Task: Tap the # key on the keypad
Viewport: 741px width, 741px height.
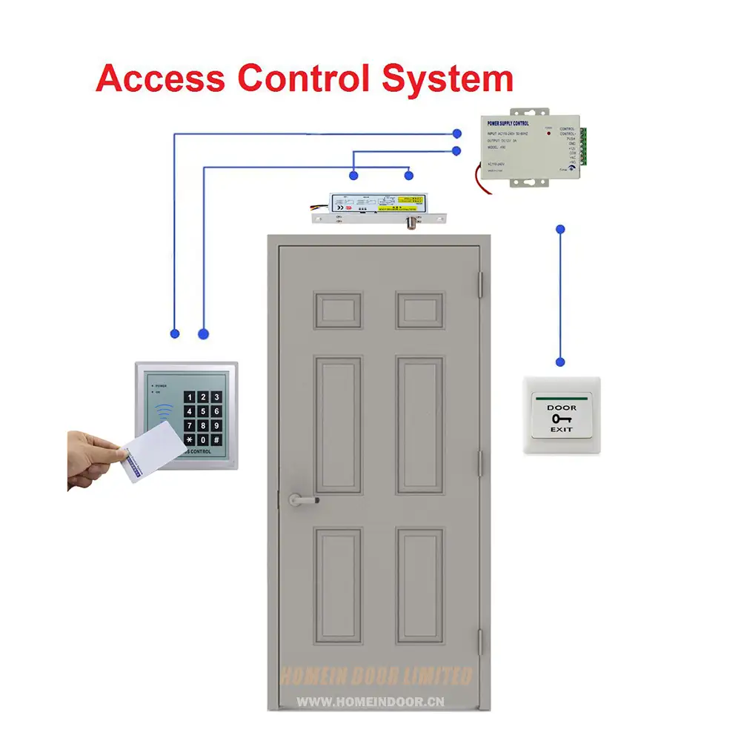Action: [216, 440]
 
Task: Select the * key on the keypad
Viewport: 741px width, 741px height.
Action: [189, 440]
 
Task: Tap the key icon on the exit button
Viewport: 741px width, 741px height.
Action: [561, 419]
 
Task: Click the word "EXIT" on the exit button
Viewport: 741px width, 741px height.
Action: [561, 431]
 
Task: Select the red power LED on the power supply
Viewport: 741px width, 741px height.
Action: [549, 133]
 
